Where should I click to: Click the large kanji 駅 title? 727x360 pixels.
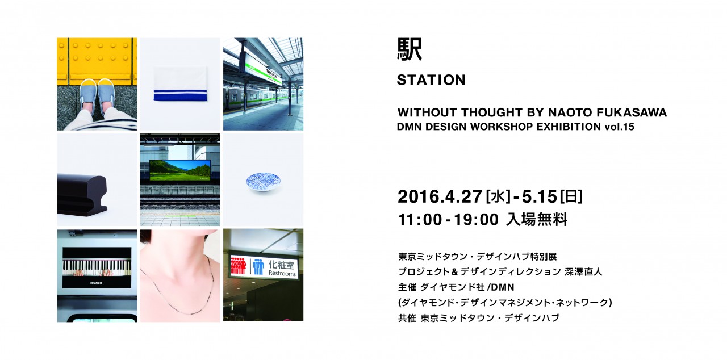click(x=410, y=49)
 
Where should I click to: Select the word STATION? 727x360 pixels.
click(x=431, y=80)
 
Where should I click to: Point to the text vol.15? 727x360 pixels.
click(x=619, y=127)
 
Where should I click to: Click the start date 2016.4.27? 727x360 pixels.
click(x=440, y=196)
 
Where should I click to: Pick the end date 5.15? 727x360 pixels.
click(x=540, y=196)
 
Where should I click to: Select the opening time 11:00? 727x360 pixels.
click(x=420, y=220)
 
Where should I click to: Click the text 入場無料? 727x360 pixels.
click(x=537, y=219)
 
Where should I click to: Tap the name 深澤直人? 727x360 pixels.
click(x=583, y=272)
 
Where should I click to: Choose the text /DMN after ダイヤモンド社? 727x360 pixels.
click(x=501, y=287)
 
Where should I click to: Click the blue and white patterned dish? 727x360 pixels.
click(x=263, y=182)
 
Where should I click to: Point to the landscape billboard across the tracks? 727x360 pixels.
click(x=180, y=170)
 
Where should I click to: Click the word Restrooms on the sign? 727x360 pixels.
click(x=282, y=273)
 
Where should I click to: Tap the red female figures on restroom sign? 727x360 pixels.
click(x=238, y=266)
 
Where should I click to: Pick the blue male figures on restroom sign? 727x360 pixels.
click(x=258, y=266)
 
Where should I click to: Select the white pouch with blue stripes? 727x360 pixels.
click(x=180, y=83)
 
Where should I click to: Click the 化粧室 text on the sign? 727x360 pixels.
click(x=281, y=265)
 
